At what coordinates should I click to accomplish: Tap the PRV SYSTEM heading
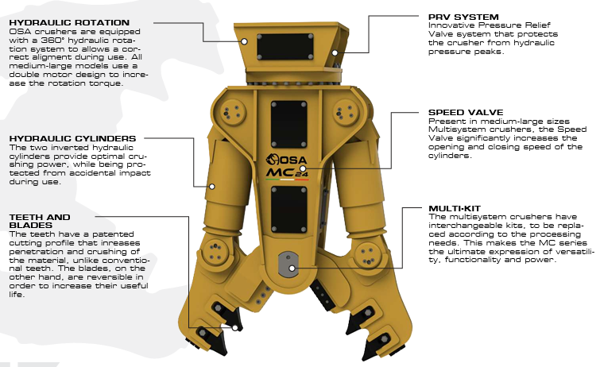463,15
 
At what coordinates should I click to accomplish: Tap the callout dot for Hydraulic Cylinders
212,188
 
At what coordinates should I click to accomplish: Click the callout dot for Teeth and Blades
236,326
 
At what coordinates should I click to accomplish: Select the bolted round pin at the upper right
343,112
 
